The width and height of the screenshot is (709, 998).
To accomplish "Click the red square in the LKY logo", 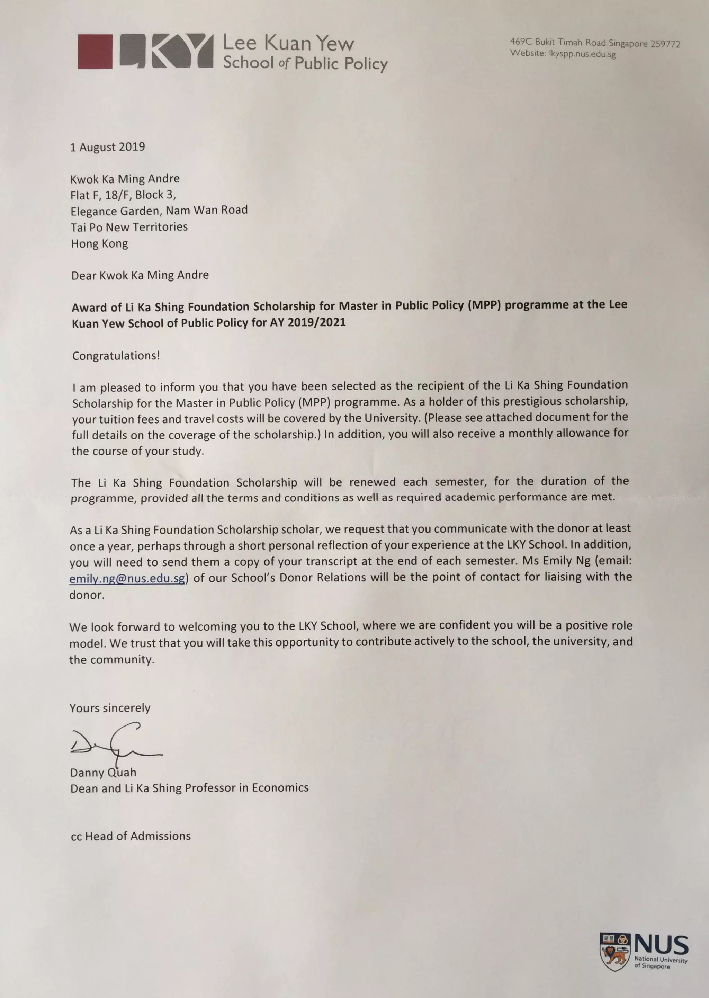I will pyautogui.click(x=95, y=52).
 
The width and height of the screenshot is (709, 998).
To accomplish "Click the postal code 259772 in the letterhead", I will pyautogui.click(x=665, y=44).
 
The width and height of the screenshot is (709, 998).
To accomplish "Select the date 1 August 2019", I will pyautogui.click(x=107, y=147).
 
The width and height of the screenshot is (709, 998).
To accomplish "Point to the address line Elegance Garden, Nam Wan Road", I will pyautogui.click(x=159, y=211).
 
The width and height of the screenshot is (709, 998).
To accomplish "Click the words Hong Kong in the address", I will pyautogui.click(x=100, y=243).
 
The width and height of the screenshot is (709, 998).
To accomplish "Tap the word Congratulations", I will pyautogui.click(x=116, y=355).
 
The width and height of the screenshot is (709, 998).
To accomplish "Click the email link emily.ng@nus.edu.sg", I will pyautogui.click(x=127, y=578).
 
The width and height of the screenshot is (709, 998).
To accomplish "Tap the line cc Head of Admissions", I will pyautogui.click(x=131, y=836).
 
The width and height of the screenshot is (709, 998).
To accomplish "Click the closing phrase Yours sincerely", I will pyautogui.click(x=110, y=708).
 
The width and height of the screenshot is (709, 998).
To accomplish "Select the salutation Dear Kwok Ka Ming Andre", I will pyautogui.click(x=140, y=275).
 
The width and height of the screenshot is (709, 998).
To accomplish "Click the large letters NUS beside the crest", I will pyautogui.click(x=661, y=945).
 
